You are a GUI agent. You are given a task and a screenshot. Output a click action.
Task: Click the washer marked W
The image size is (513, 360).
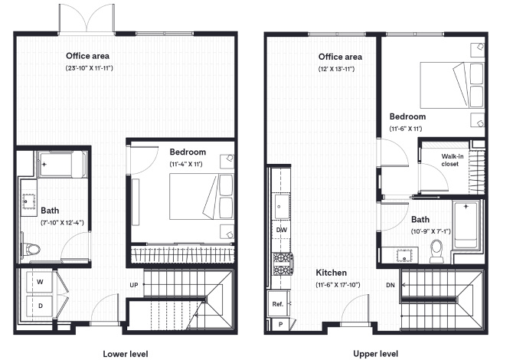click(x=39, y=282)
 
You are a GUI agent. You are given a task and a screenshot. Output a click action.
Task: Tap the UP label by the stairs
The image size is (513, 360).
click(x=134, y=285)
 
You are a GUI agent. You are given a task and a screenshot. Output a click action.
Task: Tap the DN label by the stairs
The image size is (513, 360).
click(x=390, y=286)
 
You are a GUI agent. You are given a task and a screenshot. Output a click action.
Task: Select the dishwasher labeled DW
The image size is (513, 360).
click(x=281, y=230)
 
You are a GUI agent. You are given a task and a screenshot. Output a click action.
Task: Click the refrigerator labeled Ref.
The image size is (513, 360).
click(x=278, y=304)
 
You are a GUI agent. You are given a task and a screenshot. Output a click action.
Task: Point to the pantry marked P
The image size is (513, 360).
click(x=280, y=325)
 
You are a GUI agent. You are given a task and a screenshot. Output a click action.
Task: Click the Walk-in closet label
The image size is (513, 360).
click(x=453, y=160)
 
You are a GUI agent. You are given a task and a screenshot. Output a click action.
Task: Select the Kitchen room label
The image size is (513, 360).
click(x=331, y=273)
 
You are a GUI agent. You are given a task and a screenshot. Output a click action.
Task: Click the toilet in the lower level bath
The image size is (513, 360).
click(x=31, y=250)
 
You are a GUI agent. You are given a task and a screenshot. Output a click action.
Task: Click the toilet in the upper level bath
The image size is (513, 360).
click(x=436, y=250)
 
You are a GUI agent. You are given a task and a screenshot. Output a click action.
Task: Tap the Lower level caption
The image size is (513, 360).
click(x=126, y=354)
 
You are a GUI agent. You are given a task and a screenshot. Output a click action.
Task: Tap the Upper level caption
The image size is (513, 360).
click(x=376, y=354)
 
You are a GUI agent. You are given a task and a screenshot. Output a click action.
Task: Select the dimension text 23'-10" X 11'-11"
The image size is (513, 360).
click(x=90, y=68)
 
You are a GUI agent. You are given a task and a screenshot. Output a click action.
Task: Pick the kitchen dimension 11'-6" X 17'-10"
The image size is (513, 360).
click(x=338, y=285)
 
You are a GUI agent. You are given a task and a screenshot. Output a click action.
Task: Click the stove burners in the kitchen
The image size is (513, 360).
click(x=283, y=263)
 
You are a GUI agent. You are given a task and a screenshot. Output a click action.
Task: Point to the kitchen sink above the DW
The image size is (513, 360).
click(x=281, y=207)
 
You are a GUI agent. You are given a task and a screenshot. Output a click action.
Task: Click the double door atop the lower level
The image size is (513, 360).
click(x=87, y=18)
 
